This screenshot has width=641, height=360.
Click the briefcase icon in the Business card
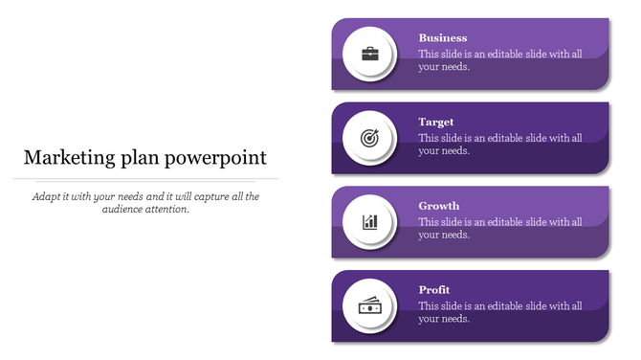point(370,54)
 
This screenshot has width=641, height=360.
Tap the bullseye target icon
point(370,138)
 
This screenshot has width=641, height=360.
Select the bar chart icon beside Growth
point(370,222)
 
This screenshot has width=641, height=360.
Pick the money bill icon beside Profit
point(370,306)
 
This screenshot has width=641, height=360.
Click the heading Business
point(443,38)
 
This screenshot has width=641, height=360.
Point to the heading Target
point(436,123)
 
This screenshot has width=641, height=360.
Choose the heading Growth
point(439,206)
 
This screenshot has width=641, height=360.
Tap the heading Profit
point(434,290)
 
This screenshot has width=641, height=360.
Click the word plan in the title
point(142,159)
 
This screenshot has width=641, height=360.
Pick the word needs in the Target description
point(455,151)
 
